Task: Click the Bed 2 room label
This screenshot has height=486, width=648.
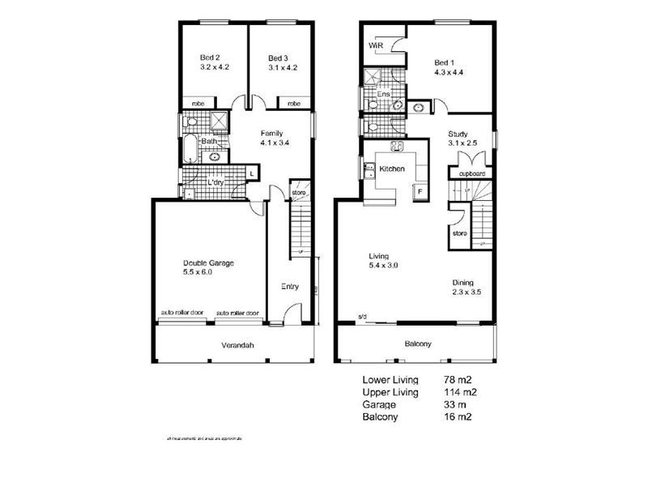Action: (x=209, y=58)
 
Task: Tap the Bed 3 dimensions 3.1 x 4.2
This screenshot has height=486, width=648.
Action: (x=278, y=68)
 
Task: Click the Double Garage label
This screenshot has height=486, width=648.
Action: (x=208, y=262)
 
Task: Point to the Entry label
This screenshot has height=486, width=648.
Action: (x=289, y=286)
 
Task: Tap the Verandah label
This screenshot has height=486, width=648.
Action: (x=237, y=345)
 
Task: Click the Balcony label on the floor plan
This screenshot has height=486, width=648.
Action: (x=418, y=344)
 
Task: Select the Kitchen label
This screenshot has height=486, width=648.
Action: (x=392, y=168)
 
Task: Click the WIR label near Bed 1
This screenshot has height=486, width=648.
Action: (x=375, y=46)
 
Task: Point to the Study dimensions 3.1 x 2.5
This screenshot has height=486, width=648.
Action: (x=463, y=144)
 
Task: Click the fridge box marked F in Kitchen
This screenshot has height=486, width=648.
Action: (x=420, y=190)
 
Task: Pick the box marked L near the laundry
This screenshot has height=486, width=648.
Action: (x=252, y=174)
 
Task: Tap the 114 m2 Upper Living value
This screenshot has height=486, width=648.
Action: (x=459, y=392)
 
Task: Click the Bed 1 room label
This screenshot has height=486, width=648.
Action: (x=445, y=62)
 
